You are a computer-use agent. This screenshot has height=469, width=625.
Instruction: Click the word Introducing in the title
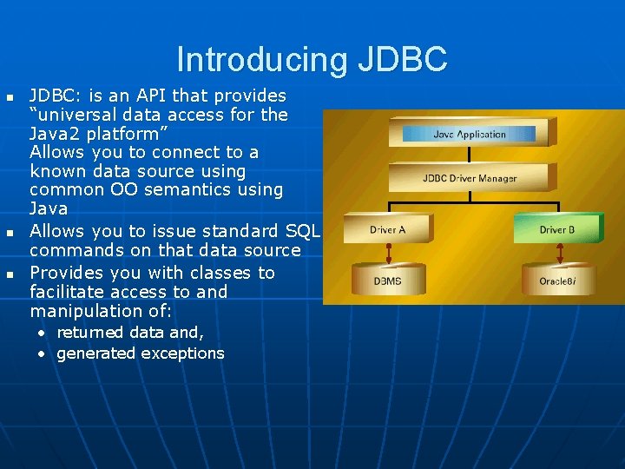tap(258, 59)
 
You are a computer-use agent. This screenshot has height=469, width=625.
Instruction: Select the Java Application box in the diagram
tap(469, 134)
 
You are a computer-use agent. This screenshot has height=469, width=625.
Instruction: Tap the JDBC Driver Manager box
tap(469, 178)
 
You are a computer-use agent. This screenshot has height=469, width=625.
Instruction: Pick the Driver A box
tap(387, 229)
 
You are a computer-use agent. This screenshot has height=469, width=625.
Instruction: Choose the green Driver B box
tap(556, 229)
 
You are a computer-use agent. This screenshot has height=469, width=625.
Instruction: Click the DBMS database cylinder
tap(387, 281)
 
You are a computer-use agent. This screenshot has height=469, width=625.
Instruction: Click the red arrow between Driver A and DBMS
tap(387, 254)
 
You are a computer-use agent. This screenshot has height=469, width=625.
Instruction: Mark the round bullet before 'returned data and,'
tap(41, 333)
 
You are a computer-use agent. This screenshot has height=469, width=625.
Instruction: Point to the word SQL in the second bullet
tap(303, 231)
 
